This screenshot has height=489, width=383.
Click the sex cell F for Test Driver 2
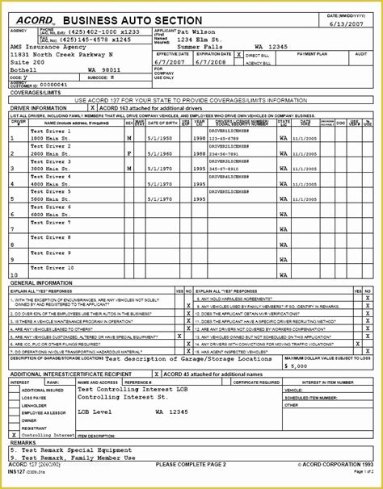[129, 153]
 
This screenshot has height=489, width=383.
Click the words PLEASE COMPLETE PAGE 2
[191, 465]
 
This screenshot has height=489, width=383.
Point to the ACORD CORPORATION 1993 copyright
[335, 465]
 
